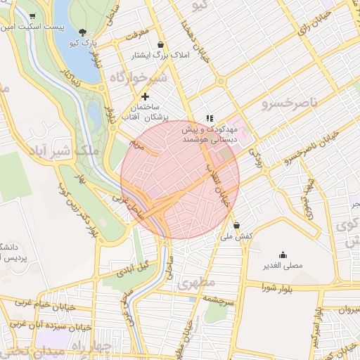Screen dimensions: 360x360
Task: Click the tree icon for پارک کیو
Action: [x=84, y=32]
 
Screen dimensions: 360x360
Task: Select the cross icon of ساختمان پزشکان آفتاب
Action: [x=145, y=96]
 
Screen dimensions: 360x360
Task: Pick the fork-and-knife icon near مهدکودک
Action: [x=208, y=118]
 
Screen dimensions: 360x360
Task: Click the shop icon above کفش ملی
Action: [x=236, y=226]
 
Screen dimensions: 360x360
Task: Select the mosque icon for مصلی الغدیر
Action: [x=283, y=255]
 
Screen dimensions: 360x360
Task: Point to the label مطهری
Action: [x=195, y=284]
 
